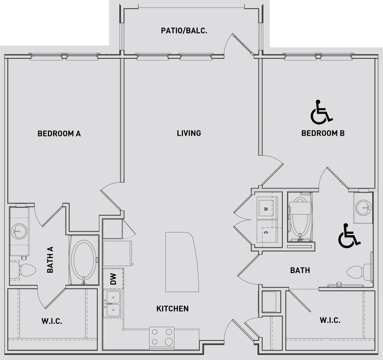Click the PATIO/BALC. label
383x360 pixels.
[x=184, y=30]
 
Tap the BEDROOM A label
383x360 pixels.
[x=59, y=134]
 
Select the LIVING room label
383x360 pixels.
[x=189, y=134]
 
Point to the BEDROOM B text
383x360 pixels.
[x=323, y=134]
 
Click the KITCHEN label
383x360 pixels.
[x=172, y=308]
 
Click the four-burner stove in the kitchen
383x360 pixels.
[x=162, y=336]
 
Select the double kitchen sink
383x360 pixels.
[x=113, y=303]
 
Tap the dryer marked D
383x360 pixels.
[x=267, y=232]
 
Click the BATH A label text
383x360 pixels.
[x=50, y=261]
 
